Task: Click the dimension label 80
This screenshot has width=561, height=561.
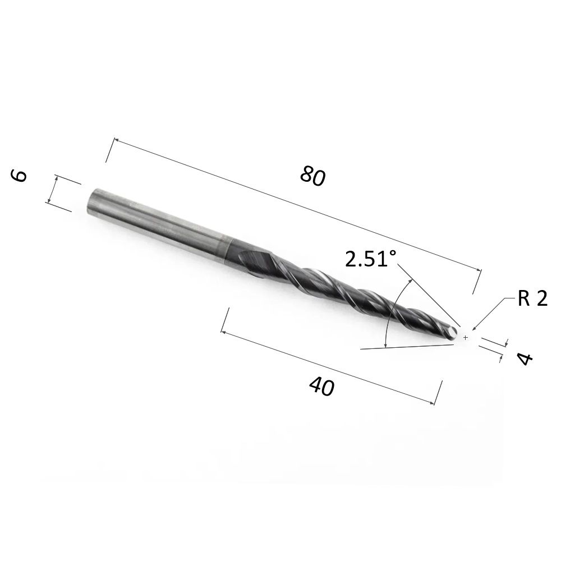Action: (x=313, y=176)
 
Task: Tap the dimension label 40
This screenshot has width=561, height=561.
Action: (x=321, y=387)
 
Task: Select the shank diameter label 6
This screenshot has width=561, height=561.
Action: (x=19, y=176)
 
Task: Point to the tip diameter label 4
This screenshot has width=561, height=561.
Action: (x=525, y=358)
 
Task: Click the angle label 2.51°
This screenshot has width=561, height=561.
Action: (x=371, y=259)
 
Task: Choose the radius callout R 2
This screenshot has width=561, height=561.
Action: (x=532, y=298)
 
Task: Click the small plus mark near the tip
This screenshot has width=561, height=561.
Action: (x=465, y=337)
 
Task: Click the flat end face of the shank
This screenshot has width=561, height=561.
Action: (x=91, y=200)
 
